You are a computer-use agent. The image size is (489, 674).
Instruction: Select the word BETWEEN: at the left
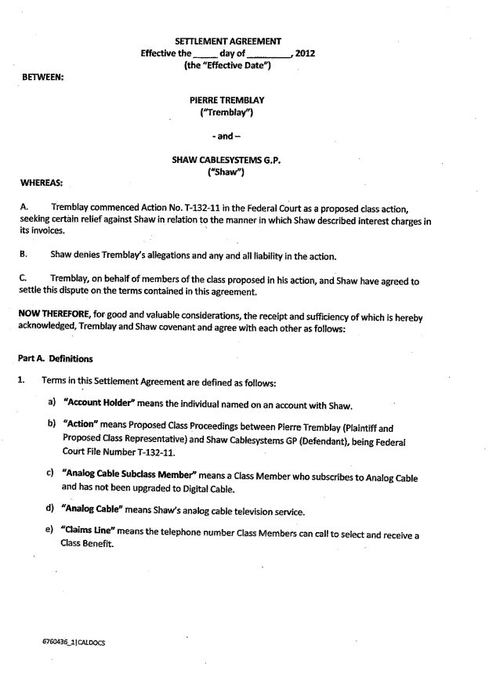point(43,77)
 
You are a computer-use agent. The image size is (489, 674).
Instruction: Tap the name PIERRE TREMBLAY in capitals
point(227,100)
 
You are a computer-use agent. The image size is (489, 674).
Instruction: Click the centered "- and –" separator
point(227,136)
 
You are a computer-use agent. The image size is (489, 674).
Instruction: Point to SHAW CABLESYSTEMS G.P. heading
point(226,160)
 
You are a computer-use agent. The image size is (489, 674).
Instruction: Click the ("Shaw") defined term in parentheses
point(227,172)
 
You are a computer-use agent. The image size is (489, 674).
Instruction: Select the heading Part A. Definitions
point(55,359)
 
